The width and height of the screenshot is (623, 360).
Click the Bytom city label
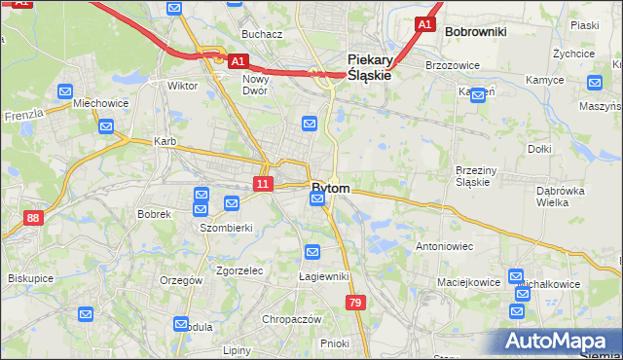[331, 187]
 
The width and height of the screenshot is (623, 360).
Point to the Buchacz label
[262, 34]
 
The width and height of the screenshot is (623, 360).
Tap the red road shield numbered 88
[34, 219]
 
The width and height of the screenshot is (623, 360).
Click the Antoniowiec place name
[444, 246]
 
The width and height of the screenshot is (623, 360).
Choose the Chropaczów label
[291, 319]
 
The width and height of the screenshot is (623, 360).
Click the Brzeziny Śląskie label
[477, 175]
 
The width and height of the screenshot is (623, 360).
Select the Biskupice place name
[30, 277]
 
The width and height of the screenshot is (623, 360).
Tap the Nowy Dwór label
[255, 85]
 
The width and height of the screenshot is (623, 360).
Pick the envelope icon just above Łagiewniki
[312, 253]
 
